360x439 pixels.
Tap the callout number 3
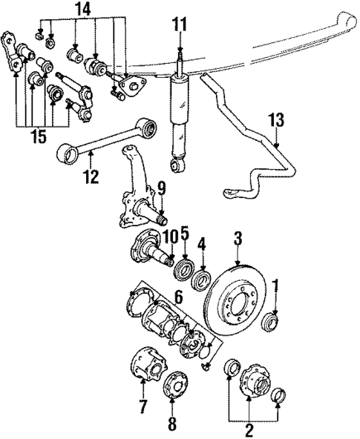point(238,238)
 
